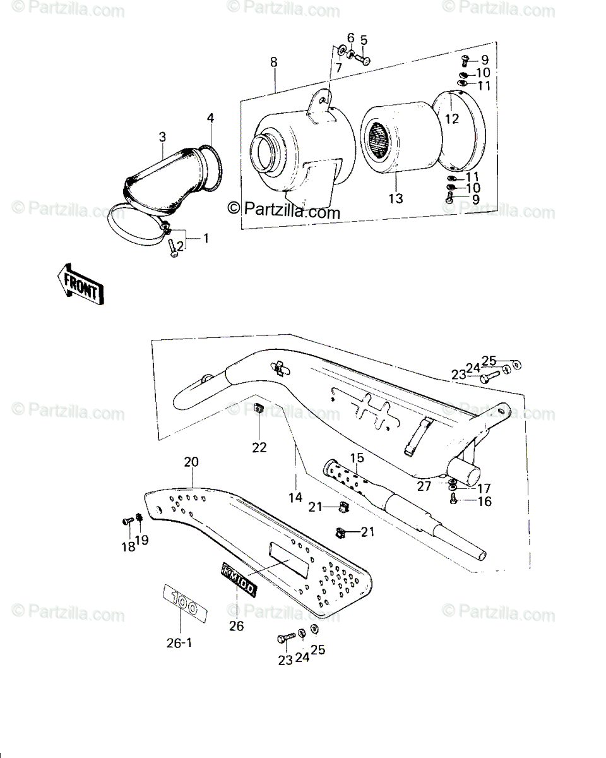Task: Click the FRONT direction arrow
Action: pos(81,284)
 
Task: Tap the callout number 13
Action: pos(396,198)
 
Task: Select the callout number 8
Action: pos(273,62)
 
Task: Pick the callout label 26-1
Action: pos(179,643)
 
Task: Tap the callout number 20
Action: pos(191,461)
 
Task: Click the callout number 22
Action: pos(259,447)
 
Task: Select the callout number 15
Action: pos(357,458)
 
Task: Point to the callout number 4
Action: pos(210,118)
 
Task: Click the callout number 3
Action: pos(162,136)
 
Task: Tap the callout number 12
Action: pos(452,119)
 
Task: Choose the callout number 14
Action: pos(295,497)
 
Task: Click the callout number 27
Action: pos(424,486)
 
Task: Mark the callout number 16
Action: pos(485,501)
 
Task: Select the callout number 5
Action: pos(364,40)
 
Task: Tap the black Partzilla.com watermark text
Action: pos(284,212)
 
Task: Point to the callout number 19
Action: pos(142,539)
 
